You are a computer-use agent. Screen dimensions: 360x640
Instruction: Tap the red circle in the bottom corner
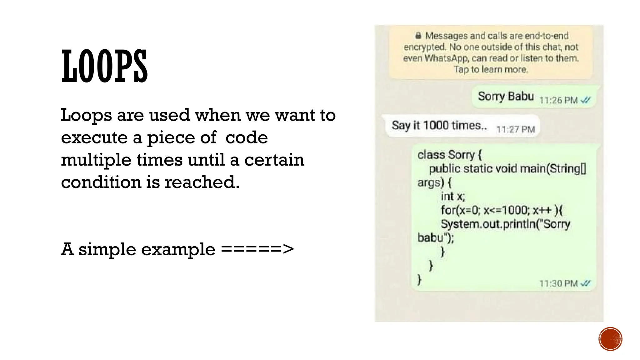tap(610, 339)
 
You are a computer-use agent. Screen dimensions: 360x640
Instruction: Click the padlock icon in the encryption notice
tap(418, 36)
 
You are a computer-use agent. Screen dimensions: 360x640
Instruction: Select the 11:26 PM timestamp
tap(558, 100)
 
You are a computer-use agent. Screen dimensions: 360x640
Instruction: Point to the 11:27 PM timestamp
tap(516, 129)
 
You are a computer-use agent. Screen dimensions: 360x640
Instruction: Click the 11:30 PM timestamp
tap(558, 283)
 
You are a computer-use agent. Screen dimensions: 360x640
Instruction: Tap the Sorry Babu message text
tap(506, 96)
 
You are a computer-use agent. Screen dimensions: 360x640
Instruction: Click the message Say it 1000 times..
tap(439, 126)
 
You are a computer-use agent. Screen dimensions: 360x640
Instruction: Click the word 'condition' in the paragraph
tap(101, 182)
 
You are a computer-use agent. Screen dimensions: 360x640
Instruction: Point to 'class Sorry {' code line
tap(449, 155)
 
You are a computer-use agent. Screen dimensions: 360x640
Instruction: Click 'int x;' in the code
tap(453, 196)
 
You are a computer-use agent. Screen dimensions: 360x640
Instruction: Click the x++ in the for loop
tap(542, 210)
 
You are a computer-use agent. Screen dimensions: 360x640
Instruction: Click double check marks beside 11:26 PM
tap(585, 100)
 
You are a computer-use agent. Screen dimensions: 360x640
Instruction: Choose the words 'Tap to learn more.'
tap(491, 69)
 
